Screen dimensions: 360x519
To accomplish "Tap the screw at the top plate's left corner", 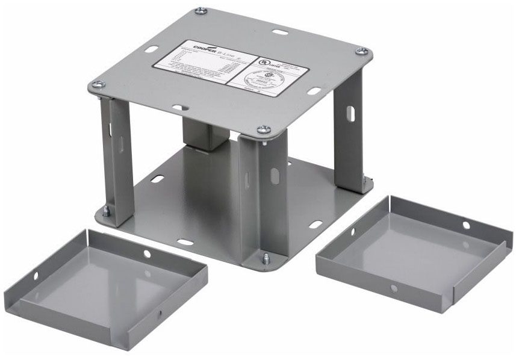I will pos(96,85).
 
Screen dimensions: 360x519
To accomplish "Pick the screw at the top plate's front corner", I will pos(263,129).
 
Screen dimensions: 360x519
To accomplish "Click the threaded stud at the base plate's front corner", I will pos(265,259).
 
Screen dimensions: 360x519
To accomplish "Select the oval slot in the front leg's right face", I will pos(275,177).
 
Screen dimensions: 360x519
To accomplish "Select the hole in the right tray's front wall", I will pos(394,288).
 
